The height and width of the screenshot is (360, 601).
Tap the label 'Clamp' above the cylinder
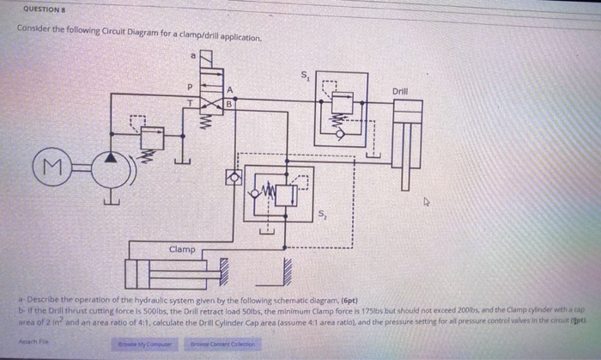tap(181, 250)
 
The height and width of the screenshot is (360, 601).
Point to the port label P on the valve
tap(191, 87)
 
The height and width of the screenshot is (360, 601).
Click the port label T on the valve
tap(191, 102)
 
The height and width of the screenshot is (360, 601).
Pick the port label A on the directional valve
tap(230, 88)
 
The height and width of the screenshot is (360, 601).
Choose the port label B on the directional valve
tap(228, 104)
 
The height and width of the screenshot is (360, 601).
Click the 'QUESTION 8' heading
tap(41, 9)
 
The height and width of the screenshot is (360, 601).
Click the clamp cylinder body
tap(172, 274)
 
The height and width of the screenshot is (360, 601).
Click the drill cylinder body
tap(408, 137)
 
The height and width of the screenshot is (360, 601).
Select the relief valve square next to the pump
tap(153, 137)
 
